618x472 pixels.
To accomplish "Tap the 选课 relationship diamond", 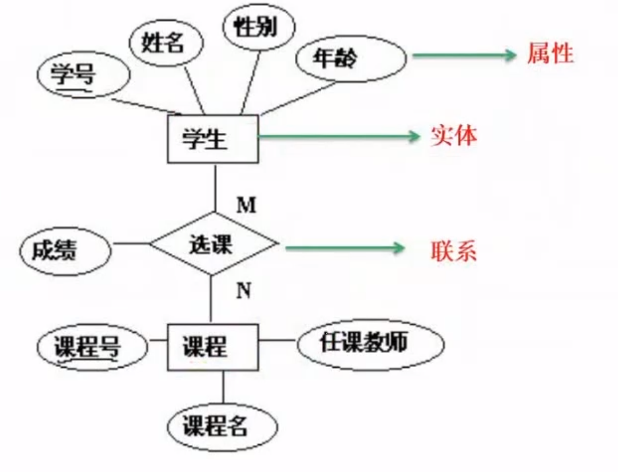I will [213, 244].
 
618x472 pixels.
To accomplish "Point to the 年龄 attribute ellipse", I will [349, 59].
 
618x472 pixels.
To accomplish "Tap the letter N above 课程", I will [243, 290].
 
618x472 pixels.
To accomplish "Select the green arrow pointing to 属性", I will [463, 56].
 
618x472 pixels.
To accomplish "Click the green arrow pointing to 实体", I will [338, 137].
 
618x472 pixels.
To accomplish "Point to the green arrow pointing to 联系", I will [344, 249].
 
